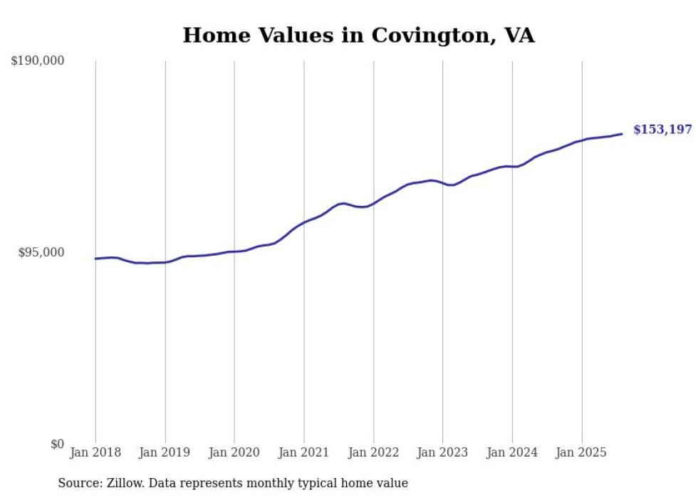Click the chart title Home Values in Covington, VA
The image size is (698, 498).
[x=358, y=35]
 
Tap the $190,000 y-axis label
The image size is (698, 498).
[x=38, y=61]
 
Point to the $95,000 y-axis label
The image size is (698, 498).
[x=41, y=252]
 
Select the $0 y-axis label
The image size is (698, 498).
[x=57, y=444]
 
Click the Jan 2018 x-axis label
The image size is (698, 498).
[x=95, y=452]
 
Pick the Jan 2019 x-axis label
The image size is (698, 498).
[x=165, y=452]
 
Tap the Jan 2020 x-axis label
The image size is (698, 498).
[x=234, y=452]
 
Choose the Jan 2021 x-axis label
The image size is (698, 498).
[x=304, y=452]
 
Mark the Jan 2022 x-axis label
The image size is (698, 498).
[x=373, y=452]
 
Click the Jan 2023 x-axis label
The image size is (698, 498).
[x=442, y=452]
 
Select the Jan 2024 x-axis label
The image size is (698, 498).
[x=512, y=452]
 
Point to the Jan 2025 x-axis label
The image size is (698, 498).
[x=581, y=452]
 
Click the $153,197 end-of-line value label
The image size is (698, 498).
[x=662, y=130]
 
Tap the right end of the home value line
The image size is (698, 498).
[x=622, y=134]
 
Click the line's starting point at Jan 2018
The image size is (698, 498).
[x=95, y=259]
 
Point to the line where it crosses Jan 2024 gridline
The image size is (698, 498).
[x=512, y=166]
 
